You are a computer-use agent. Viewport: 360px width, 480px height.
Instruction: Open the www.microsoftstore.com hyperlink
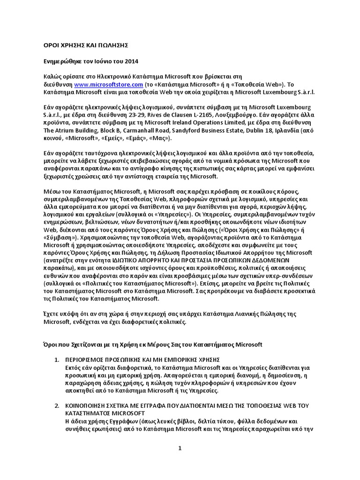tap(108, 84)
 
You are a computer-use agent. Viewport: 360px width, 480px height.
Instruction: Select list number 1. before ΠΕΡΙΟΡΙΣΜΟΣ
tap(56, 360)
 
